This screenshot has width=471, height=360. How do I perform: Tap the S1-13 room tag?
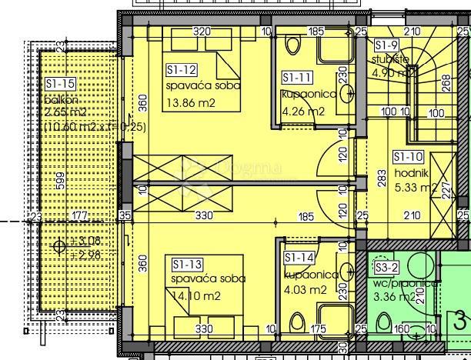tap(185, 265)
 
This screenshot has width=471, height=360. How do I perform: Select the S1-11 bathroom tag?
tap(296, 78)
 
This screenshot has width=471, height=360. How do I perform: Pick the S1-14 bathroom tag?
tap(299, 258)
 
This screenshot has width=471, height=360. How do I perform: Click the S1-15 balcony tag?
tap(60, 83)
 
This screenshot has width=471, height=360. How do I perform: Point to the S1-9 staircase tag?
tap(386, 45)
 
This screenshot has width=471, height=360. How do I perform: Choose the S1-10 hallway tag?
tap(408, 156)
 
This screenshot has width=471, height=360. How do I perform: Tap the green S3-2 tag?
tap(386, 268)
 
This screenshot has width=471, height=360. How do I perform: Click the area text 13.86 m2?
tap(191, 102)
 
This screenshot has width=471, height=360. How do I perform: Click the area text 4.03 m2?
tap(304, 290)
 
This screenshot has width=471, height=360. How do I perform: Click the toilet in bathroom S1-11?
tap(293, 45)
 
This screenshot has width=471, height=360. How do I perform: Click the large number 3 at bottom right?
tap(460, 319)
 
